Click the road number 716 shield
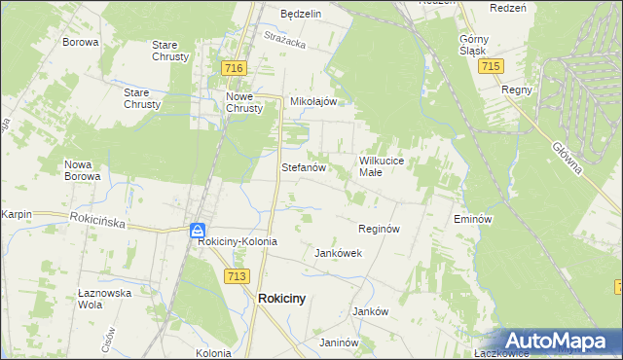point(233,68)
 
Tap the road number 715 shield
point(491,65)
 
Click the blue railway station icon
point(198,232)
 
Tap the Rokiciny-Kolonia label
point(238,241)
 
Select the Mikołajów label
point(313,101)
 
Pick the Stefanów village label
point(303,167)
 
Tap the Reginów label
point(380,229)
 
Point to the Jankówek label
point(338,253)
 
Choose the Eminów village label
point(470,220)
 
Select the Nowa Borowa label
point(83,170)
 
